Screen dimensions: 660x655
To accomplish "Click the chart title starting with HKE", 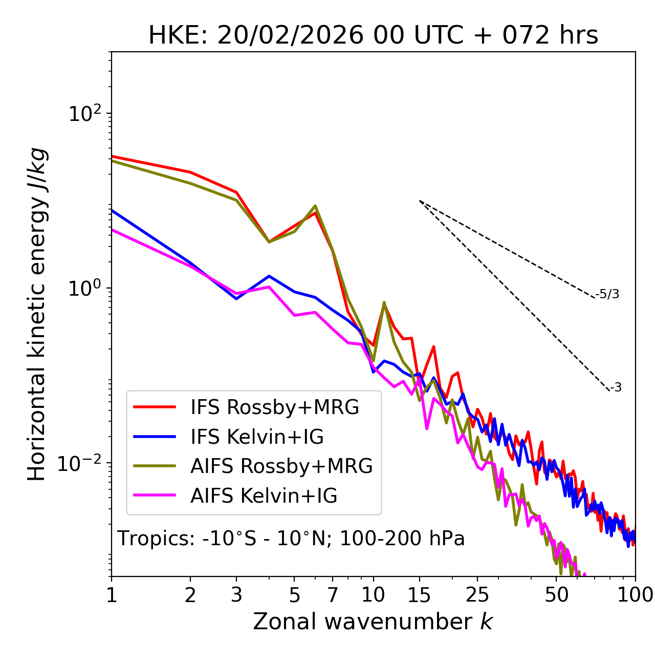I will point(373,36).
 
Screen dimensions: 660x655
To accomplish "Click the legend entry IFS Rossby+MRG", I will point(274,407).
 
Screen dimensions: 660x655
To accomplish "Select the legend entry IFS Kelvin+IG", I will point(257,437).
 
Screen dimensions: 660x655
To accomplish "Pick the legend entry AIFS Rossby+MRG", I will point(281,466).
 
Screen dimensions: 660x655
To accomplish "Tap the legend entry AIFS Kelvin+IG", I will point(264,496).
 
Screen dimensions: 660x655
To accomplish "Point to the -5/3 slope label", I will point(607,294).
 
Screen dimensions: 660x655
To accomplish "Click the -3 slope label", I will point(616,387).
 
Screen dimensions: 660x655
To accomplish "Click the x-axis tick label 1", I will point(112,595).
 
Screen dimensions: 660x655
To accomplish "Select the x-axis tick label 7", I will point(333,595).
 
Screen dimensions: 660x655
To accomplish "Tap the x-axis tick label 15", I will point(420,595).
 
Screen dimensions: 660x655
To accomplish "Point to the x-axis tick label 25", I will point(477,595).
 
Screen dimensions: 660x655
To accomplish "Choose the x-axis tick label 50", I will point(557,595).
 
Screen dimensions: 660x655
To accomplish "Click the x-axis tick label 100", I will point(635,595).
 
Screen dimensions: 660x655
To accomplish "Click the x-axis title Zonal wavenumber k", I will point(373,622).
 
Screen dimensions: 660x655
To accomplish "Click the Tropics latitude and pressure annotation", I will point(291,539).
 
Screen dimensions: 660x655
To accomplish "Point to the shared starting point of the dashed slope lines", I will point(420,201).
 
